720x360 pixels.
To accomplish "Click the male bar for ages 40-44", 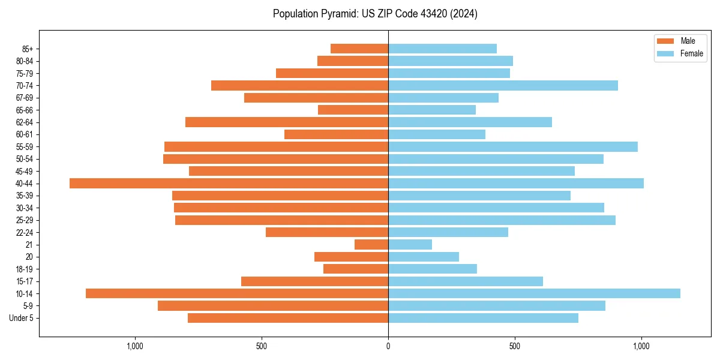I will pos(229,183).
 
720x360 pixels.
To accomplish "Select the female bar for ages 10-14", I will pos(534,293).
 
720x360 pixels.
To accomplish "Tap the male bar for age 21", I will pos(371,244).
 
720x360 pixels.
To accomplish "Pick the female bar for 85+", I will pos(442,49).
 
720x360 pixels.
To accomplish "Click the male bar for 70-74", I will pos(299,85).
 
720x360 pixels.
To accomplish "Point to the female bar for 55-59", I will pos(513,146).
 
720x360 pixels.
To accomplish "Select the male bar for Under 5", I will pos(288,318).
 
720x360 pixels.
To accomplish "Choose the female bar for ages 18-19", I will pos(433,269).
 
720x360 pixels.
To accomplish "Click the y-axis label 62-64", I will pos(25,122).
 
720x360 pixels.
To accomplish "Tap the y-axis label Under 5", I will pos(22,318).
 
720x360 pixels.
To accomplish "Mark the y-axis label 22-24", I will pos(25,232).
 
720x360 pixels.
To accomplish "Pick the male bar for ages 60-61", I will pos(336,134).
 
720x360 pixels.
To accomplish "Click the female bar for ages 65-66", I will pos(432,110).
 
